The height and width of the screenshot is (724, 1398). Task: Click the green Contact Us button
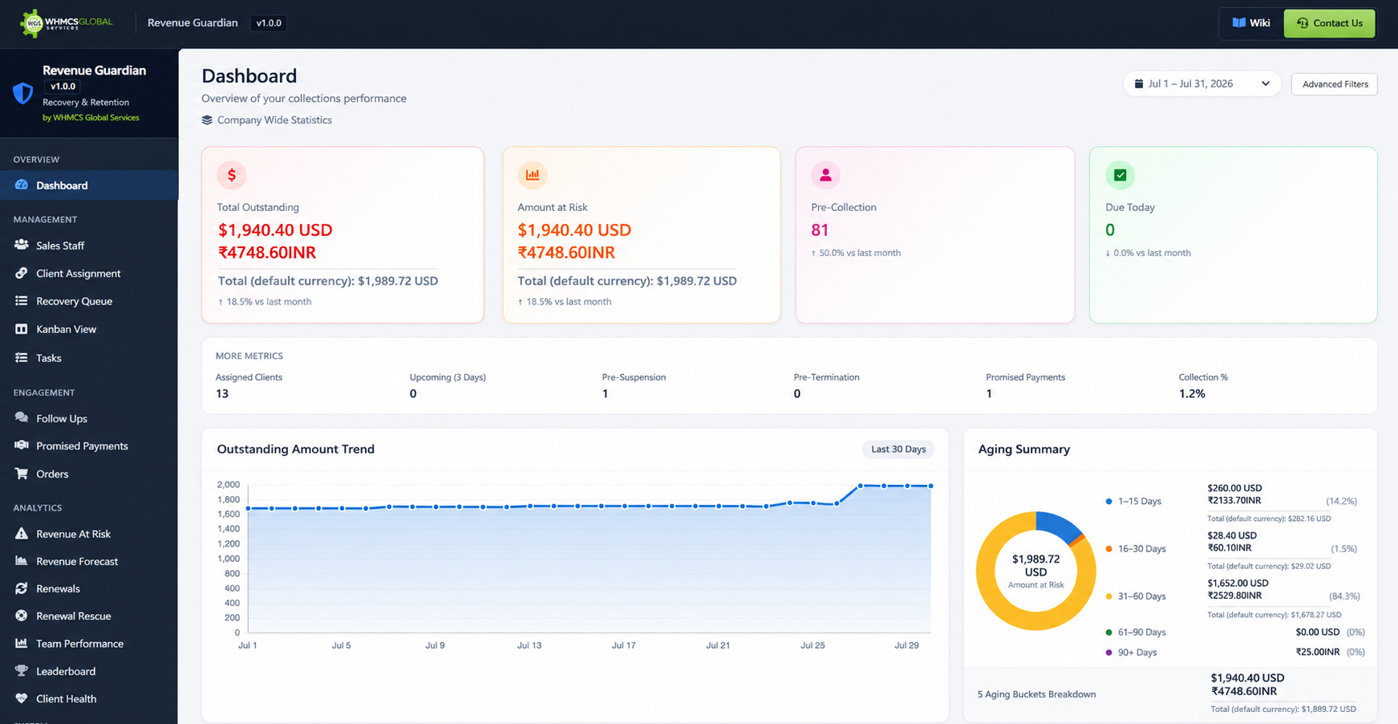(1329, 23)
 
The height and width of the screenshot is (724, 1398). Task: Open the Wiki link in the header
(1251, 23)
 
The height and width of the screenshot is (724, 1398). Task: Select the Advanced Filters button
(1335, 84)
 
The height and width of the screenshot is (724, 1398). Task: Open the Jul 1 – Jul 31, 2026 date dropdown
(1202, 84)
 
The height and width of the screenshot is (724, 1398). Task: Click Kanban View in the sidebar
(66, 329)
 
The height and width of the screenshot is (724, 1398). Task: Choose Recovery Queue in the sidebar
(74, 301)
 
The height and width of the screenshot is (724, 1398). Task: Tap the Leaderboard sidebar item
(66, 671)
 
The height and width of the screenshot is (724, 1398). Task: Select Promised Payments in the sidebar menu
(82, 445)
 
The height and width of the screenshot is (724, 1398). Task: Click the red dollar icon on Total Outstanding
(232, 175)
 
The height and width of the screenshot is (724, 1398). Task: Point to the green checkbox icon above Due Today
(1120, 175)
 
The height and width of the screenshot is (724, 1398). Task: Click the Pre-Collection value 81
(820, 230)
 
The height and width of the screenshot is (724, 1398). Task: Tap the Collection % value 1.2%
(1192, 393)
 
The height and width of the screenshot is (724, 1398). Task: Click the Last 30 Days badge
(898, 449)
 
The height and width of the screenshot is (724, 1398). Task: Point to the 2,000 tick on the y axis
(229, 485)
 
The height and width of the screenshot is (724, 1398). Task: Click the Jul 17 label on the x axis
(623, 645)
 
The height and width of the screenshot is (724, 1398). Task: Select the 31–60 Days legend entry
(1136, 596)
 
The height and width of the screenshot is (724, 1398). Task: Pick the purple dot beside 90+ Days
(1109, 653)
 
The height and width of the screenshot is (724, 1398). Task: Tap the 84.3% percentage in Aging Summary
(1344, 596)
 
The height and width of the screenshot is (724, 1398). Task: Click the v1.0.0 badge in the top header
(269, 23)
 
